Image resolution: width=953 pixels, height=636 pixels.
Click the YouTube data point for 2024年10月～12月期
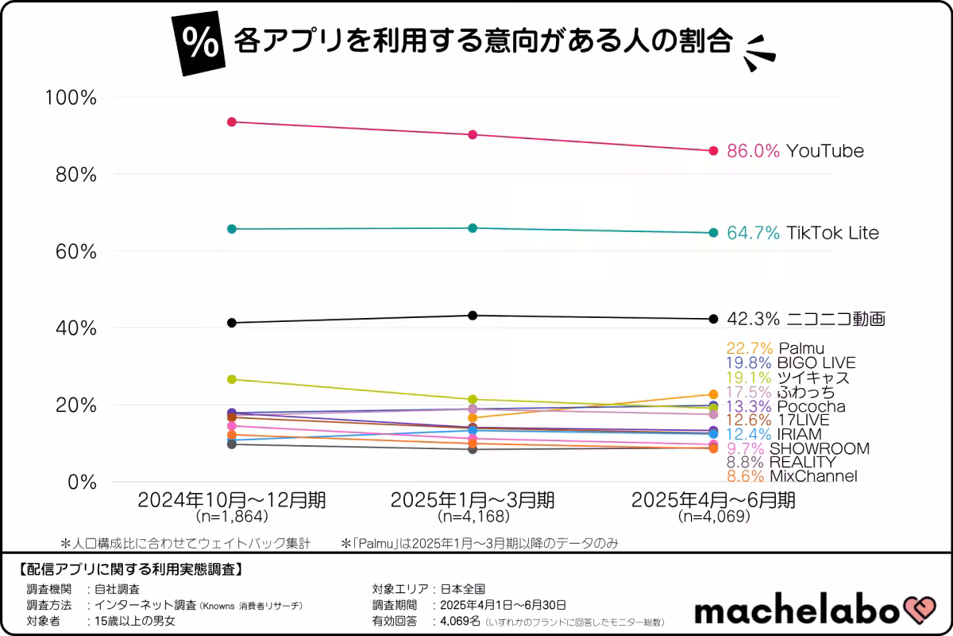click(x=232, y=122)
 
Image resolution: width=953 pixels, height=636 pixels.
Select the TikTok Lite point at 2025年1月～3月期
click(x=473, y=228)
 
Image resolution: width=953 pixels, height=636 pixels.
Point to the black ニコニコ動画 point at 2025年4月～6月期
click(x=713, y=320)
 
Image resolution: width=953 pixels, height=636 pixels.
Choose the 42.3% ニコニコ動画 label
click(x=805, y=320)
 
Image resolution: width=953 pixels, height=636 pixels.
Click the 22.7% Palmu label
click(x=774, y=348)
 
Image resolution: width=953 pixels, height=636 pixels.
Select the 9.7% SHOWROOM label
click(x=797, y=448)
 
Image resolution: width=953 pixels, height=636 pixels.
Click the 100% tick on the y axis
click(x=71, y=98)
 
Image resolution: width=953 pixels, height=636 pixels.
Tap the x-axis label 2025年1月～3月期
click(x=473, y=500)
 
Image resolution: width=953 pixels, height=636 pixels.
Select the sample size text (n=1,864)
click(x=231, y=517)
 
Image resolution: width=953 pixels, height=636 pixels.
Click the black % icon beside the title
click(x=199, y=45)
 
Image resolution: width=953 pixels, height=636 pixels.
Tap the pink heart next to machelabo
click(x=921, y=611)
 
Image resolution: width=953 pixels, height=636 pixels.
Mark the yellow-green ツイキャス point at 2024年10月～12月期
click(x=232, y=379)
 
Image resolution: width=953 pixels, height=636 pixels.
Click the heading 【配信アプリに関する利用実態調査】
click(x=129, y=569)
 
